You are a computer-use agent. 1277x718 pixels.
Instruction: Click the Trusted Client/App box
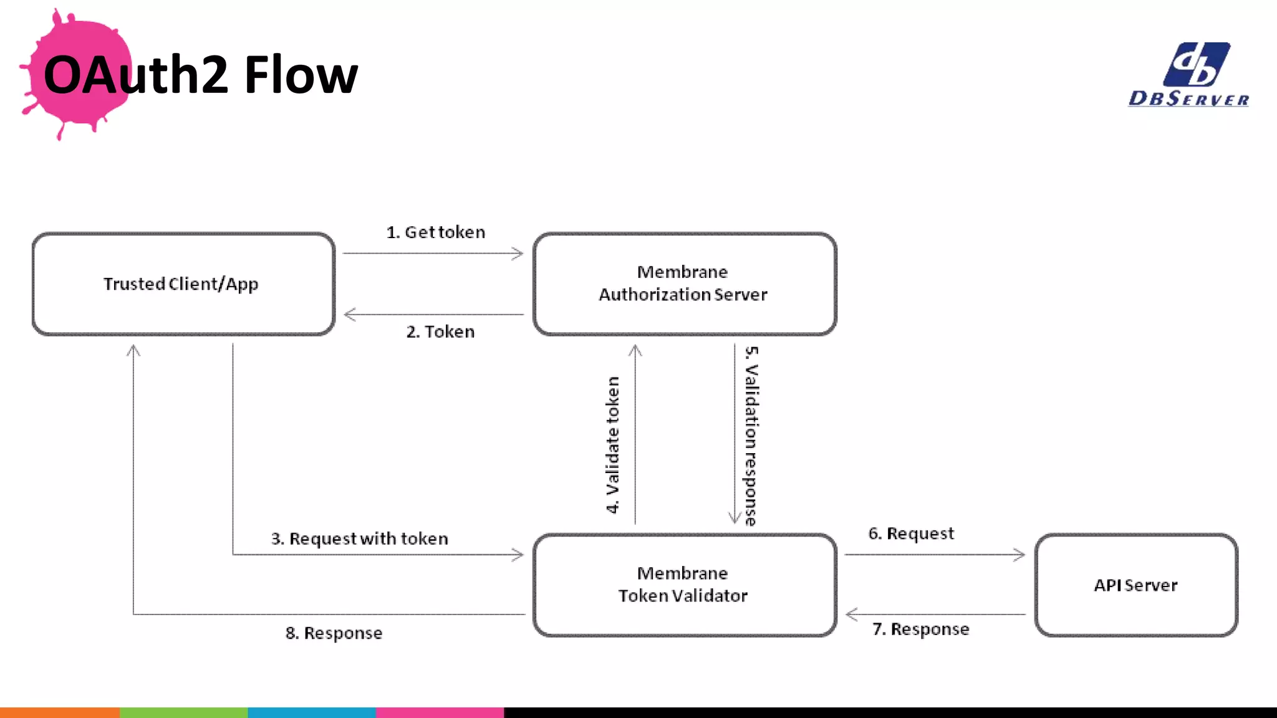[183, 284]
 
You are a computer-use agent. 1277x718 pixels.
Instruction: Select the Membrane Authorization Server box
[684, 284]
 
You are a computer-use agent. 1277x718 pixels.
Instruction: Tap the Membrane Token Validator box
[684, 585]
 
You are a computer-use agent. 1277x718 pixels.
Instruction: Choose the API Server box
[1135, 585]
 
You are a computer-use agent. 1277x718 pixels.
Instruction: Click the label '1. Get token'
[435, 232]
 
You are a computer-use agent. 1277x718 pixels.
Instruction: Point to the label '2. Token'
[440, 332]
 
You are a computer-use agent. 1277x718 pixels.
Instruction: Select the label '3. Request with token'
[359, 538]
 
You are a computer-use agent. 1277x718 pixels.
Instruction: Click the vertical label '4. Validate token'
[613, 444]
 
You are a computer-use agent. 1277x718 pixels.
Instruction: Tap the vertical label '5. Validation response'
[751, 436]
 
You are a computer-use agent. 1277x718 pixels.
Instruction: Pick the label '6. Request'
[911, 534]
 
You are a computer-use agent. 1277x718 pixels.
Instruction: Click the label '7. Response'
[920, 629]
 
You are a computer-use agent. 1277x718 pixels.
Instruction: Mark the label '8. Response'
[334, 633]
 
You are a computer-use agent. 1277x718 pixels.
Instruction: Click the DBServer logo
[1189, 75]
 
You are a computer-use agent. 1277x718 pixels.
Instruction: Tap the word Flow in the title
[301, 75]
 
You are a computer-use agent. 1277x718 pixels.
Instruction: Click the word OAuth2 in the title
[136, 75]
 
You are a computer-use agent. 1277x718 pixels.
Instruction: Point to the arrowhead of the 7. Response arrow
[851, 615]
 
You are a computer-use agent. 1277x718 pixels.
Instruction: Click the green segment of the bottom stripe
[183, 712]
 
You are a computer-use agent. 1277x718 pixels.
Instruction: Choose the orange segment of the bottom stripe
[59, 712]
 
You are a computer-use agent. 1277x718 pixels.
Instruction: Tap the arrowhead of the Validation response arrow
[735, 519]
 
